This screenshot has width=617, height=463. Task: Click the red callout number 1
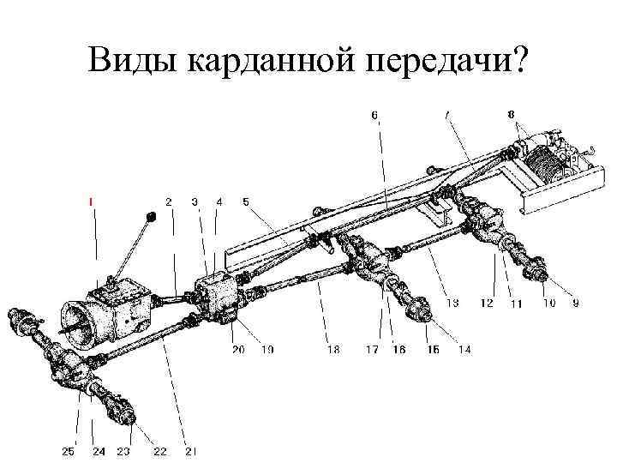pos(92,201)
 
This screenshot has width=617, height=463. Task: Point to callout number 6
pos(374,113)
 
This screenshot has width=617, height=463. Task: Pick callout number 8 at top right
pos(511,113)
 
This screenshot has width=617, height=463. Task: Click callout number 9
pos(575,303)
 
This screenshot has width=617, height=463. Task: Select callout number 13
pos(452,303)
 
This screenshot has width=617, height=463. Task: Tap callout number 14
pos(464,349)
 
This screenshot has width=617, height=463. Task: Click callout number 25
pos(68,451)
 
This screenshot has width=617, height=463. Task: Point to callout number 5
pos(246,201)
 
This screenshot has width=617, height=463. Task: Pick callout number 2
pos(168,201)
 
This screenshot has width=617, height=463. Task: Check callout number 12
pos(487,303)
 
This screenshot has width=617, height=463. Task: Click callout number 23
pos(124,451)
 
